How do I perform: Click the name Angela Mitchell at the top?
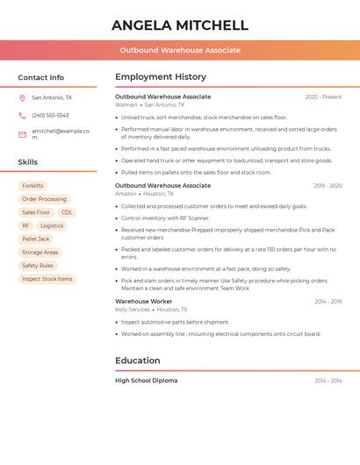(180, 25)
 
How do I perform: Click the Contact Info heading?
(40, 77)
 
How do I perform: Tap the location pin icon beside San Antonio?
(22, 98)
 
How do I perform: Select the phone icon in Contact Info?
(22, 115)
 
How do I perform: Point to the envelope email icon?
(22, 133)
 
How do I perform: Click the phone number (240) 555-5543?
(50, 115)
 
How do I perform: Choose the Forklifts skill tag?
(32, 186)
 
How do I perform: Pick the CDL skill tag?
(67, 212)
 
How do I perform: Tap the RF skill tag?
(25, 225)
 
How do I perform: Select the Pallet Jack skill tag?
(36, 239)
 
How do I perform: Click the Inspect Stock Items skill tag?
(47, 279)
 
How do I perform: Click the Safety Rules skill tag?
(38, 266)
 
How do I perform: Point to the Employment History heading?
(161, 77)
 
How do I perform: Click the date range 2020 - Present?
(323, 97)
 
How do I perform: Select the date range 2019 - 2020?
(328, 186)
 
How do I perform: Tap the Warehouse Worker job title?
(143, 302)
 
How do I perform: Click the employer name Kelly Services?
(133, 310)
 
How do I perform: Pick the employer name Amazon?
(126, 194)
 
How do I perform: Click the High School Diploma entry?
(146, 381)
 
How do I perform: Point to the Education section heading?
(138, 361)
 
